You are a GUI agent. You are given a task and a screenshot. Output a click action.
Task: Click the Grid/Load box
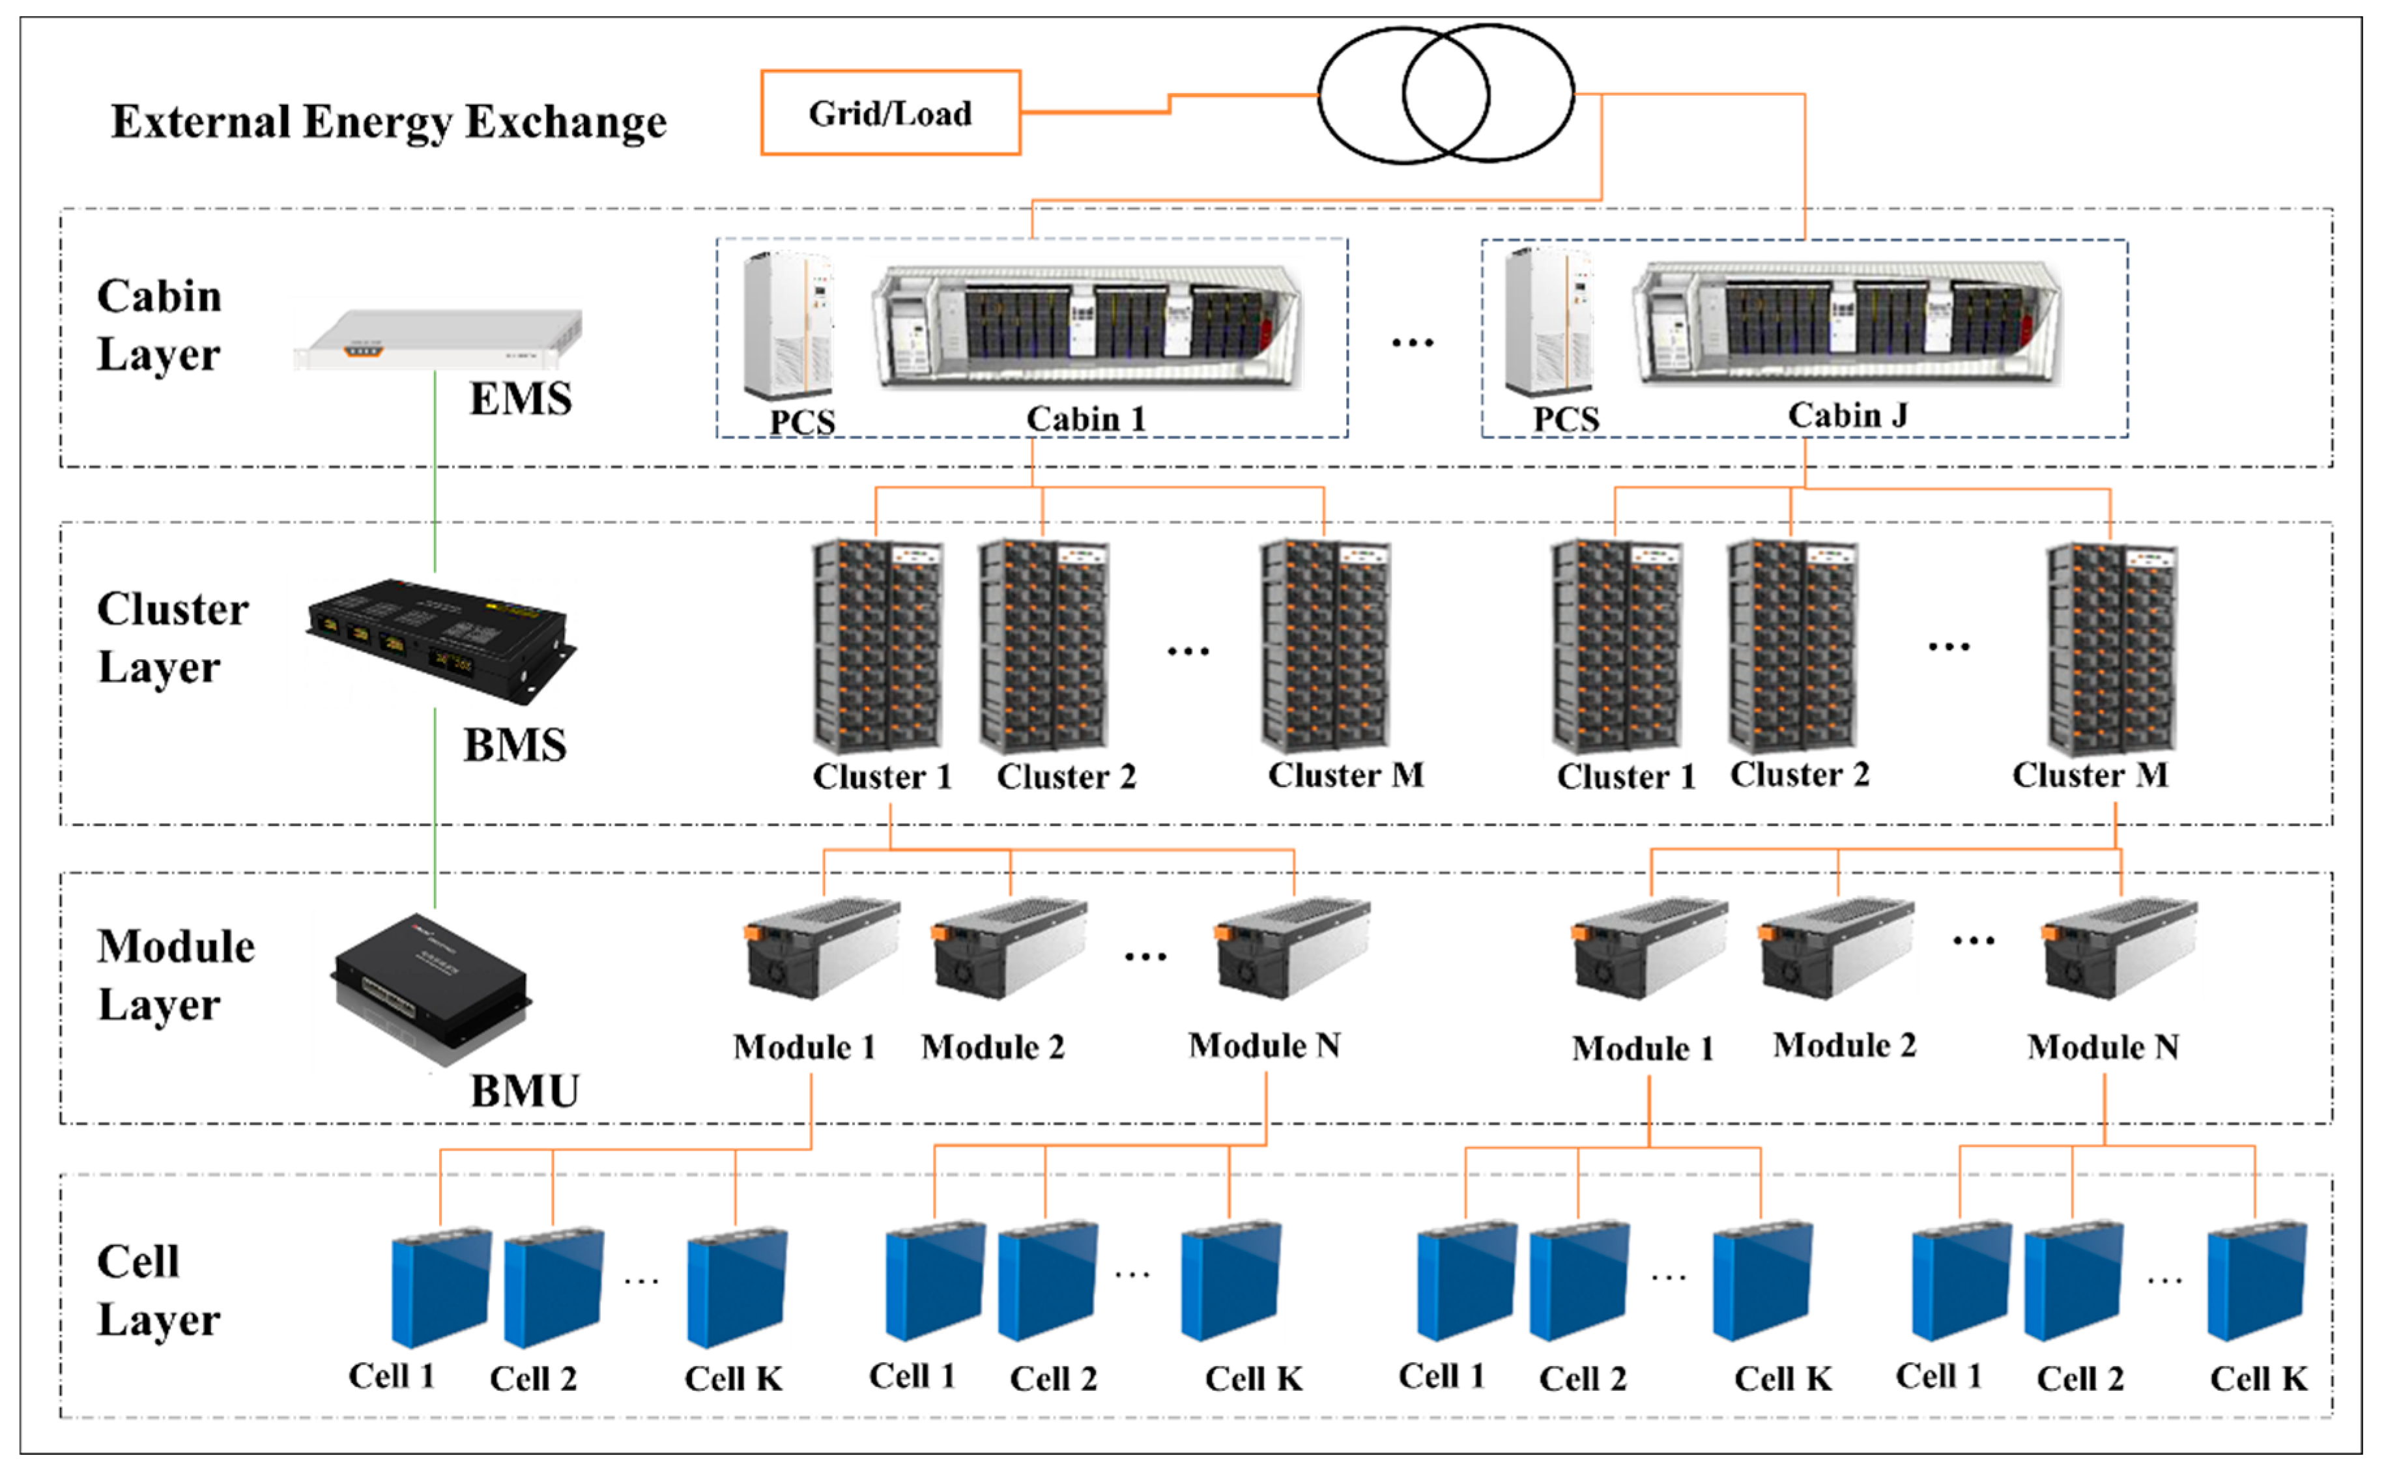tap(890, 113)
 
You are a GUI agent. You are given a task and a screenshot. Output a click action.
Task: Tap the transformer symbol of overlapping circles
tap(1446, 94)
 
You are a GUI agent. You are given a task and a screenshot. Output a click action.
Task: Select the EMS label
tap(520, 399)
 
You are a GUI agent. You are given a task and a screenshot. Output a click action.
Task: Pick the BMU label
tap(525, 1091)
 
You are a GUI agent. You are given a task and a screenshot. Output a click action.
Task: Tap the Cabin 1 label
tap(1085, 419)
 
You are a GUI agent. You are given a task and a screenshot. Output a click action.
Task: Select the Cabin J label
tap(1847, 415)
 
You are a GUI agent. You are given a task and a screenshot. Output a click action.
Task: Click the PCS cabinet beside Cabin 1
tap(789, 326)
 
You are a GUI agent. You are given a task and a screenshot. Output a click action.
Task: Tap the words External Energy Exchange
tap(389, 122)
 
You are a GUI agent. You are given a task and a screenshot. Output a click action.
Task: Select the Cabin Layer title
tap(159, 325)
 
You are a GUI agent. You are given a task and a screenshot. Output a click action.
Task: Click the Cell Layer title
tap(158, 1291)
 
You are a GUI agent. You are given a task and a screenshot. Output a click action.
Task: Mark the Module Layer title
tap(176, 975)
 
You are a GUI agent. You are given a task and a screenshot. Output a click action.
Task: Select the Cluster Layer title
tap(173, 638)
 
